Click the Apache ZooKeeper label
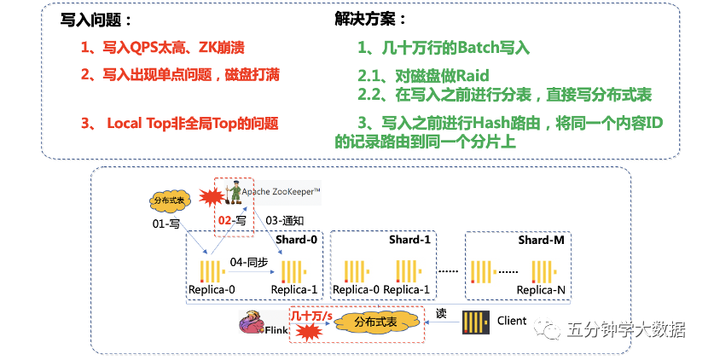point(281,192)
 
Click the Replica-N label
point(540,290)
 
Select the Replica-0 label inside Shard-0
point(212,290)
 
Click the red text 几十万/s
point(311,316)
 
